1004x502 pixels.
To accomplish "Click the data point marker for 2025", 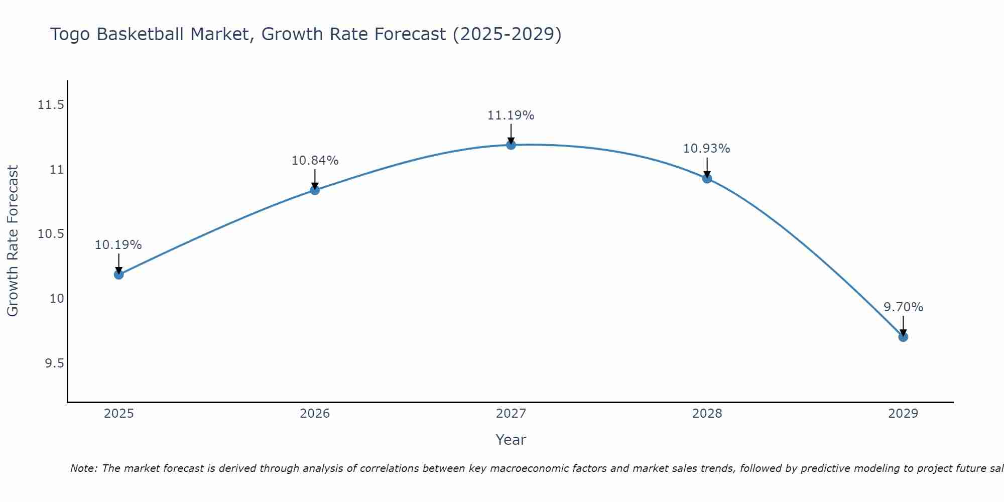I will (x=119, y=275).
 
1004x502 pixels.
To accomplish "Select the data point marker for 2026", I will (x=315, y=190).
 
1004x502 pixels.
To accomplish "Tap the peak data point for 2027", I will (x=511, y=145).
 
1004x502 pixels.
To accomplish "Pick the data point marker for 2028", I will (x=707, y=178).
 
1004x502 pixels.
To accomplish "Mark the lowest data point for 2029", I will (x=903, y=337).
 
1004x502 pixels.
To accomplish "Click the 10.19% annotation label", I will (x=118, y=245).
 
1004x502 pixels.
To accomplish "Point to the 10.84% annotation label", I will (x=315, y=161).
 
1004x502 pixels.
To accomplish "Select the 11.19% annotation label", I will (x=511, y=115).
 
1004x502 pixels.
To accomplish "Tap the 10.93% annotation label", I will (x=707, y=149).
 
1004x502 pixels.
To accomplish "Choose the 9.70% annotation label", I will (x=903, y=307).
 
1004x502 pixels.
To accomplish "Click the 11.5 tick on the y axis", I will (x=51, y=105).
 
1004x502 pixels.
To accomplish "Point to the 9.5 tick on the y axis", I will (x=54, y=363).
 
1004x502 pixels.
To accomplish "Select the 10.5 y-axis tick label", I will (x=51, y=234).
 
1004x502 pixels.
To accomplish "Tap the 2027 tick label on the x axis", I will (x=511, y=414).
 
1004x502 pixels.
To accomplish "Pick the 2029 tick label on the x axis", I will (x=903, y=414).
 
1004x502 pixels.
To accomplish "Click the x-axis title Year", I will (x=511, y=440).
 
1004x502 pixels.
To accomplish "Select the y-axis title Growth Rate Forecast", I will (x=13, y=241).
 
